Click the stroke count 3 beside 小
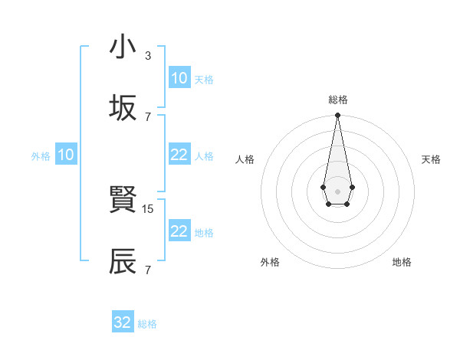coord(147,55)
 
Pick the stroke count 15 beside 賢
coord(149,208)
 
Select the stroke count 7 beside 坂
coord(147,116)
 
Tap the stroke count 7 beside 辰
coord(147,270)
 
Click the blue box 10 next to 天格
coord(179,78)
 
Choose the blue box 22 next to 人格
coord(179,155)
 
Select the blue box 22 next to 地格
coord(179,231)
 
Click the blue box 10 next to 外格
coord(66,155)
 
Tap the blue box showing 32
coord(123,322)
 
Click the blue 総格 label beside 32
coord(147,324)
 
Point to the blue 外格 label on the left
coord(41,156)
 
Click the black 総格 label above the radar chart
coord(337,100)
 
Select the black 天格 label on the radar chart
coord(431,159)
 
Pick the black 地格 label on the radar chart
coord(402,262)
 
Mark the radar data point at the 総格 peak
coord(337,116)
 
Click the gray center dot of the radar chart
coord(337,190)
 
